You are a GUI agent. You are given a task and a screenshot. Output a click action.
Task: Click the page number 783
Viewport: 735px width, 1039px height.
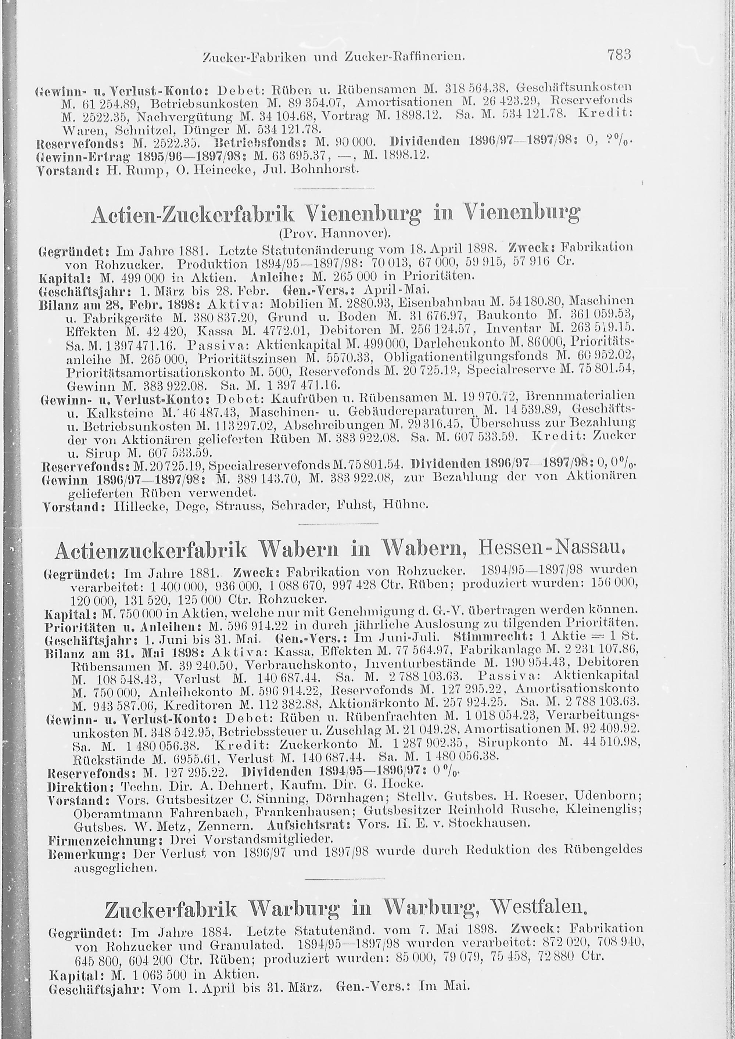click(619, 55)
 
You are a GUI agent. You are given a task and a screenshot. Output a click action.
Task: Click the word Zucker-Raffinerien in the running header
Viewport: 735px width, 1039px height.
click(405, 57)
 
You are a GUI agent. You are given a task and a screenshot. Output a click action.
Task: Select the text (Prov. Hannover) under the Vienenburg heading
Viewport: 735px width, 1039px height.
click(334, 234)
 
